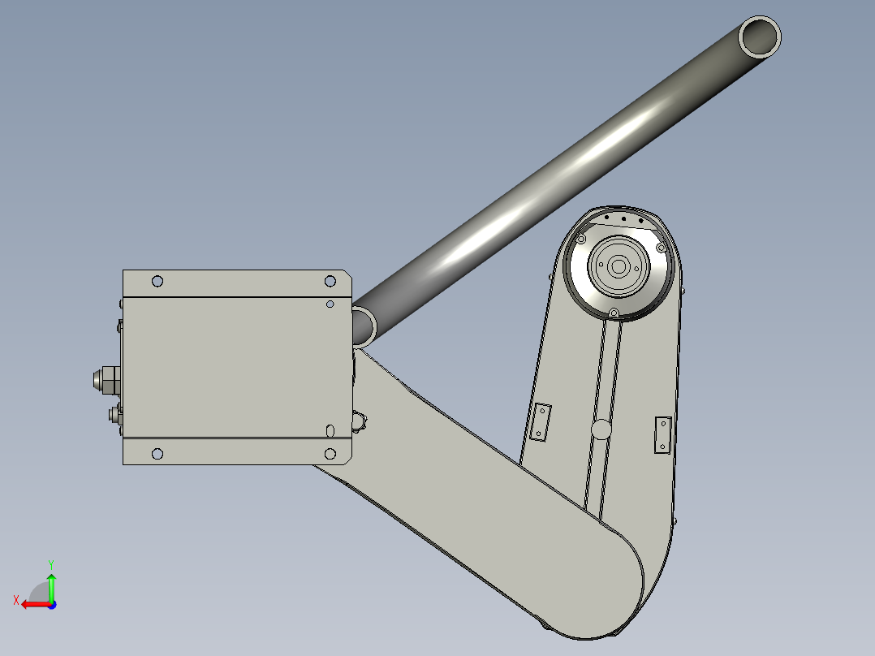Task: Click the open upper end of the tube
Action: point(761,37)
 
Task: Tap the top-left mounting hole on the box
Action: point(157,281)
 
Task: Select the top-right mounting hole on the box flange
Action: point(330,281)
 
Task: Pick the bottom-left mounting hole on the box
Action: point(157,453)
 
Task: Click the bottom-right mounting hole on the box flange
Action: point(330,453)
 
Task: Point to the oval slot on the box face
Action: point(330,429)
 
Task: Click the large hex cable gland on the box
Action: point(103,379)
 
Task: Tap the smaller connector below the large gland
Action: point(113,416)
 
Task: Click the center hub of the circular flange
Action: point(618,265)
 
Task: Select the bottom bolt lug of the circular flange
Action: point(614,313)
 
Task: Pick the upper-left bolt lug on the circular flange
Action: point(581,239)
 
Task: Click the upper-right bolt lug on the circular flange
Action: point(661,247)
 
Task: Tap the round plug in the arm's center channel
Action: point(601,429)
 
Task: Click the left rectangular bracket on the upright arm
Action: point(541,421)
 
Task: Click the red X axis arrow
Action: point(31,604)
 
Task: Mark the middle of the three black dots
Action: point(623,218)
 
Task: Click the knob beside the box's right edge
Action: point(359,421)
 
